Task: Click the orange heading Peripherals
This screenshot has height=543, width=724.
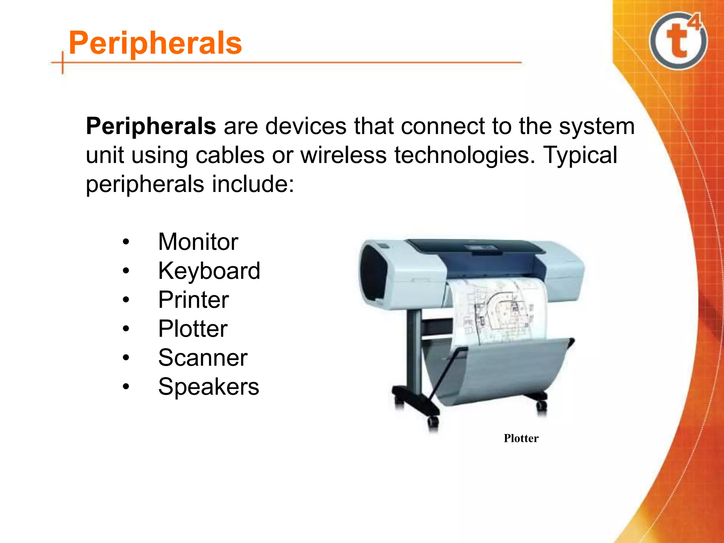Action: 156,43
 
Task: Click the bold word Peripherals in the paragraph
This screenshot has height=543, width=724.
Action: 151,126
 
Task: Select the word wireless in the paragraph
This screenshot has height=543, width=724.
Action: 344,155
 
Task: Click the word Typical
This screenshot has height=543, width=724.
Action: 580,155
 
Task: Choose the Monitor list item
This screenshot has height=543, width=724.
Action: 198,242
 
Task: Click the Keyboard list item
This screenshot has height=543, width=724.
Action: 209,271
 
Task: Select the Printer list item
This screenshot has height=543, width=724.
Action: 193,300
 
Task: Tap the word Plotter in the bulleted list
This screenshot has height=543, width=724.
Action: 193,329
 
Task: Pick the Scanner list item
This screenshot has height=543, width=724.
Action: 203,358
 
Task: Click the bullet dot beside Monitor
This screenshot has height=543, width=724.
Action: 126,243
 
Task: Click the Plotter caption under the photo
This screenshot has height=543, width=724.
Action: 521,438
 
